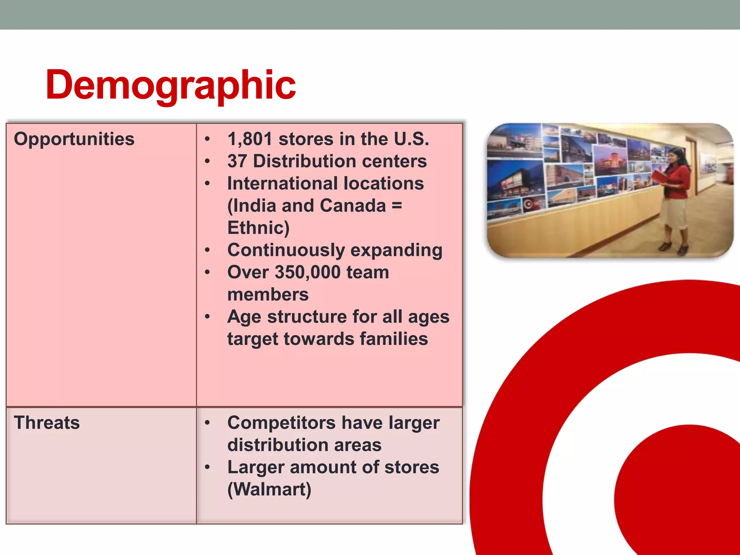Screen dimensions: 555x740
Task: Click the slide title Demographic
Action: coord(171,85)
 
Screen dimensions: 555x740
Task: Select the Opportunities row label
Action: coord(74,139)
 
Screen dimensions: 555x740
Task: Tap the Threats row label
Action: coord(47,422)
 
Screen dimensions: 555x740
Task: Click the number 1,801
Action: coord(250,139)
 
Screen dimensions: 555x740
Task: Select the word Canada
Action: coord(353,206)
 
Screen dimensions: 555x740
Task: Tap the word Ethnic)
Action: coord(258,228)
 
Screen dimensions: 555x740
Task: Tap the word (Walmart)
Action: coord(269,489)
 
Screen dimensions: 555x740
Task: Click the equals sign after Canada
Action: coord(397,206)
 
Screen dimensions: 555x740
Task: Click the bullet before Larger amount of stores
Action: coord(207,467)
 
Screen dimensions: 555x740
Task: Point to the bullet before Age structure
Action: coord(207,317)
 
